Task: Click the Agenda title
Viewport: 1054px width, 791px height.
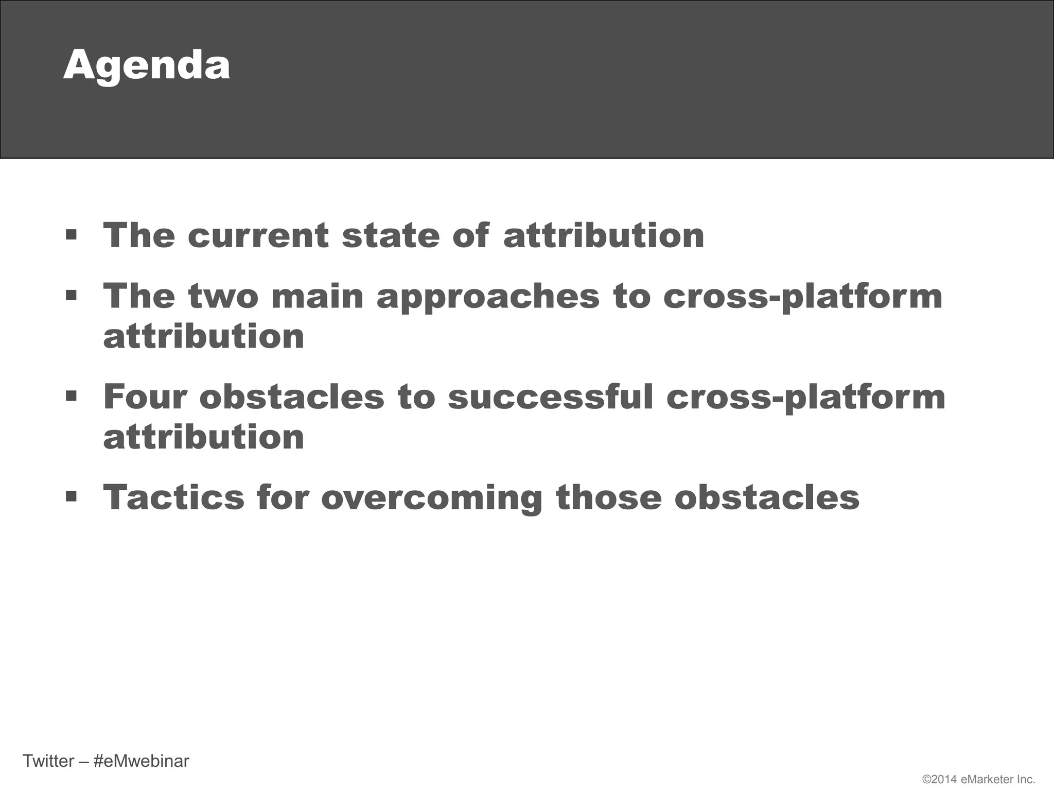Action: coord(147,66)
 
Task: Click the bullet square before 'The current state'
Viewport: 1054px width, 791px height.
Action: coord(72,236)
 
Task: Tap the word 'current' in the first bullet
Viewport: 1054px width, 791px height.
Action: coord(258,236)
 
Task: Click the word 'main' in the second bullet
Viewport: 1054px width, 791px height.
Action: coord(318,297)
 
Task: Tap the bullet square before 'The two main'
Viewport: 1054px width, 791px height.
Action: coord(72,296)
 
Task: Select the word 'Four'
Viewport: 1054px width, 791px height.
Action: coord(145,397)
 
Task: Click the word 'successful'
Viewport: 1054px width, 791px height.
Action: coord(550,397)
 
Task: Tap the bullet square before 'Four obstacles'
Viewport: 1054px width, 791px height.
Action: coord(72,397)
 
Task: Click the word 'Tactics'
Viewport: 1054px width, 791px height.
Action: coord(174,497)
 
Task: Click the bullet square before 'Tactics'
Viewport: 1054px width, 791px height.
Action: coord(72,497)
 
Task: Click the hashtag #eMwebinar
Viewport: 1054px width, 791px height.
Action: coord(142,761)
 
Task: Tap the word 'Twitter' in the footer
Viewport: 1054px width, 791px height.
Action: coord(48,761)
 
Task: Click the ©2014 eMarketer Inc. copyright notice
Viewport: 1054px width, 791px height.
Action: coord(978,779)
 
